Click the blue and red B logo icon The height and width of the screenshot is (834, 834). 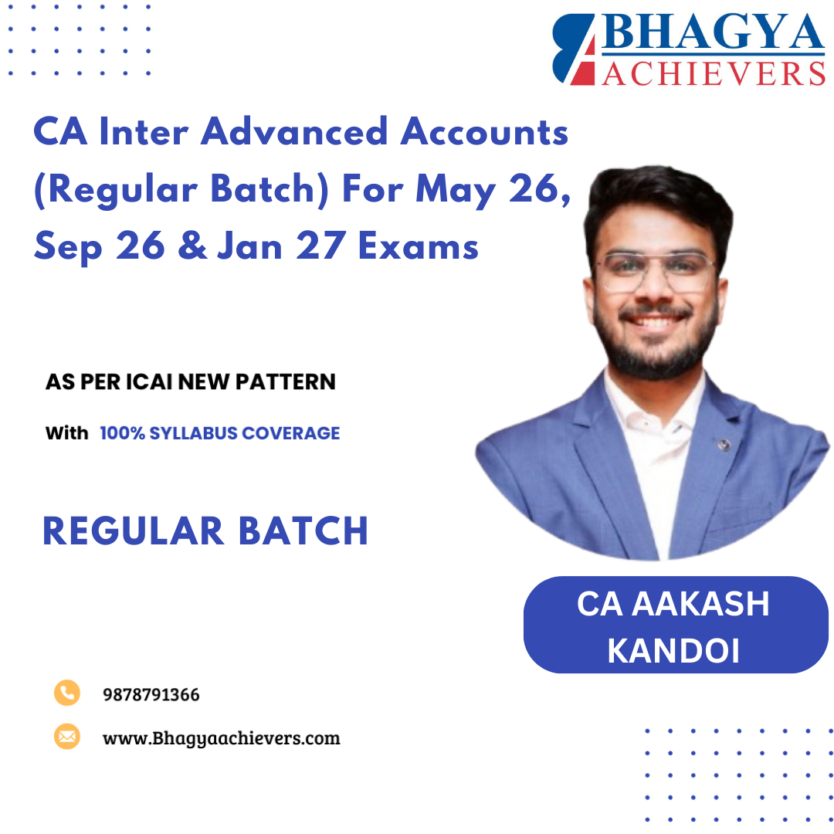click(x=573, y=48)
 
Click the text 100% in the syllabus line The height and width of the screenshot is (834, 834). click(x=120, y=433)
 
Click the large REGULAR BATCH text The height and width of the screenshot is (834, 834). click(x=205, y=531)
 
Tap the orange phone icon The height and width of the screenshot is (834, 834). click(x=67, y=693)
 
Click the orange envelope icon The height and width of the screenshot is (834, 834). click(x=67, y=736)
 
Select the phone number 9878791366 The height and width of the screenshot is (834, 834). click(x=151, y=695)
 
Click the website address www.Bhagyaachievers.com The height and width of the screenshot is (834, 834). click(x=221, y=737)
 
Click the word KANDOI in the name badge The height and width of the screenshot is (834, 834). click(x=674, y=650)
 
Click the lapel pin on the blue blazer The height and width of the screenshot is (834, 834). click(x=723, y=446)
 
